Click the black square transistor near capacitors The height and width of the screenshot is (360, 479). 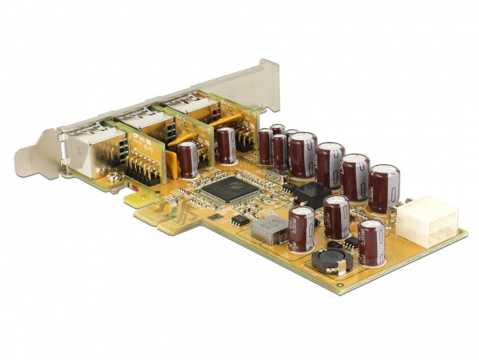point(312,194)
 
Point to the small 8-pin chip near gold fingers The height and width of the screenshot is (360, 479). point(239,219)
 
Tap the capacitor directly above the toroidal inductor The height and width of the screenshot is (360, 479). point(336,217)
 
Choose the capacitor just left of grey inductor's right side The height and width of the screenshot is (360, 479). point(302,229)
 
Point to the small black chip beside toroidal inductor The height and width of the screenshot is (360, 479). point(351,242)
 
